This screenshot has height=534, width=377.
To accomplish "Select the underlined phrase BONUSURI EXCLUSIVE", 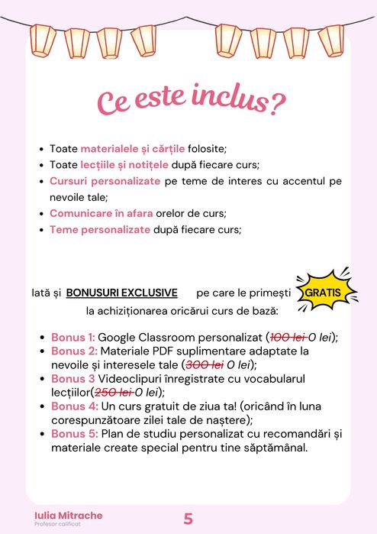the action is pyautogui.click(x=122, y=293).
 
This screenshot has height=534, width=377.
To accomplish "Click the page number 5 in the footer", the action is pyautogui.click(x=188, y=519).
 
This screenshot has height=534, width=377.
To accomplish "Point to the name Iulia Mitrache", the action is pyautogui.click(x=69, y=515).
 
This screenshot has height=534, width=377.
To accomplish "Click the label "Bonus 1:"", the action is pyautogui.click(x=73, y=337).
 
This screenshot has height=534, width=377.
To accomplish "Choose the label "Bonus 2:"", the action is pyautogui.click(x=73, y=351).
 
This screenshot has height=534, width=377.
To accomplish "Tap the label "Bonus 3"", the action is pyautogui.click(x=72, y=378).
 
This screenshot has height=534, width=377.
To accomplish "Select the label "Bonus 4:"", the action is pyautogui.click(x=73, y=406).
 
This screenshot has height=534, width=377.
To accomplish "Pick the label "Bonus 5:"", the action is pyautogui.click(x=73, y=434).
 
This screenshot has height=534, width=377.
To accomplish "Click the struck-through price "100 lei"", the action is pyautogui.click(x=288, y=337).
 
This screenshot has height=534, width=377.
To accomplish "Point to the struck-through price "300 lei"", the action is pyautogui.click(x=205, y=364).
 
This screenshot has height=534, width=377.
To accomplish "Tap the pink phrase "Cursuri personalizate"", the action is pyautogui.click(x=105, y=181).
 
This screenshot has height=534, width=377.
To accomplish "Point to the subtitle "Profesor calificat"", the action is pyautogui.click(x=58, y=525).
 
